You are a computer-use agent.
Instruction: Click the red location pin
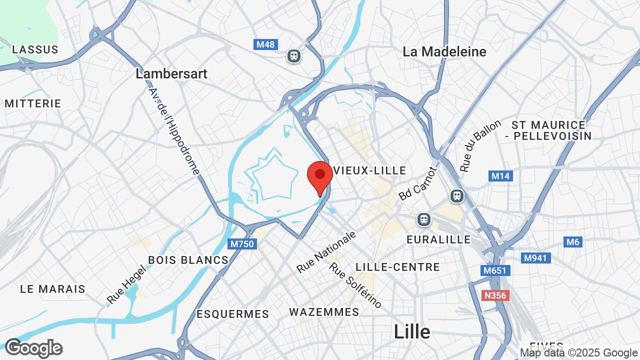click(320, 176)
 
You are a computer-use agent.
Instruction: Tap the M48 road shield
click(265, 44)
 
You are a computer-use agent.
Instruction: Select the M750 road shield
click(243, 244)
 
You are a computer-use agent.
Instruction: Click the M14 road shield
click(500, 176)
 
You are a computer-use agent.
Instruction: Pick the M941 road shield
click(536, 258)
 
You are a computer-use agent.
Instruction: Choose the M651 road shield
click(495, 270)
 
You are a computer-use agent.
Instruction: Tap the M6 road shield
click(572, 242)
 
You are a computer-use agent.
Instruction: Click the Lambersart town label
click(171, 73)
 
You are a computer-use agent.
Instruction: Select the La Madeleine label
click(444, 51)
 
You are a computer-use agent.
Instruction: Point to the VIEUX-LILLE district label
click(370, 170)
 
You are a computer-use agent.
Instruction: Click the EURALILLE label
click(438, 239)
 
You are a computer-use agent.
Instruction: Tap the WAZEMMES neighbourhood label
click(324, 312)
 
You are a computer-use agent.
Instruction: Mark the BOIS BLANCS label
click(188, 260)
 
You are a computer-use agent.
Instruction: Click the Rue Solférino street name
click(355, 285)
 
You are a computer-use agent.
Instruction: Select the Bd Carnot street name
click(418, 183)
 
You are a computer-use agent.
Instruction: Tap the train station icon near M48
click(294, 55)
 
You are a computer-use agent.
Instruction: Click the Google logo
click(33, 348)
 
